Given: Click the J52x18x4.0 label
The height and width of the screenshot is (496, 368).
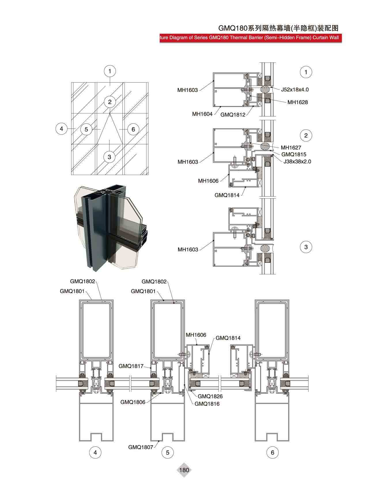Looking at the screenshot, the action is (295, 90).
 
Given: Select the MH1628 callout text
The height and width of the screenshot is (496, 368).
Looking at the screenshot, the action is (298, 102).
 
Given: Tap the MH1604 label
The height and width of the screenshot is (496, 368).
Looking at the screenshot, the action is (202, 114).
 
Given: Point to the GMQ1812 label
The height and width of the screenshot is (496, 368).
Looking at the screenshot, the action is (233, 115).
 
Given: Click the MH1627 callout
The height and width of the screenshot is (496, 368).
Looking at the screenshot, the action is (291, 148).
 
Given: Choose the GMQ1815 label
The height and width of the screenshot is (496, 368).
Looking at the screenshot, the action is (294, 154).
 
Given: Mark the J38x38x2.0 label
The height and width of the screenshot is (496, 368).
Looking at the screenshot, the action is (297, 161).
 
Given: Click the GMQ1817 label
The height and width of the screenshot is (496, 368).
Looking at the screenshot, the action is (131, 366).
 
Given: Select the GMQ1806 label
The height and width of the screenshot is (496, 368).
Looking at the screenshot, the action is (133, 402).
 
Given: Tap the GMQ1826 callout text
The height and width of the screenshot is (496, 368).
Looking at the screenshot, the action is (210, 397).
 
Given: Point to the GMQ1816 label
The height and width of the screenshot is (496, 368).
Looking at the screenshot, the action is (207, 404).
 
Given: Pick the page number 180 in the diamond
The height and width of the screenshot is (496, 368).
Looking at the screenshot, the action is (184, 470).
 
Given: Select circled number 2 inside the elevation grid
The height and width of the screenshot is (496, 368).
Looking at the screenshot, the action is (110, 102).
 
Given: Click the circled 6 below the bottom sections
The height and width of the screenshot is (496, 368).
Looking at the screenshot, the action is (273, 452).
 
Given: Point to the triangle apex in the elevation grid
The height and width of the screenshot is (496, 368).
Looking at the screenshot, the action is (110, 113).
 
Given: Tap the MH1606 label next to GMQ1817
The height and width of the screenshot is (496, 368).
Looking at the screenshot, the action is (196, 335).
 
